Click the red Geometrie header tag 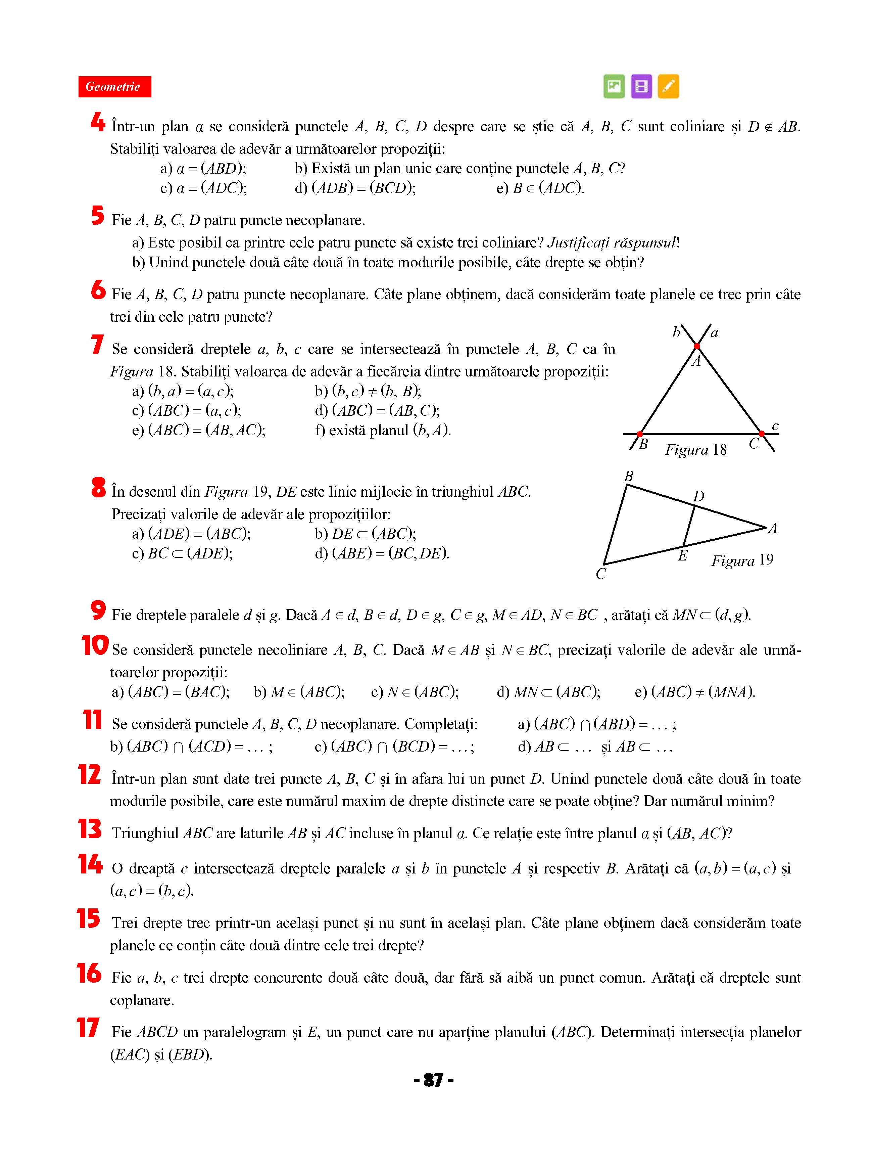point(114,87)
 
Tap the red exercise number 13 point(90,828)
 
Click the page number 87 point(433,1080)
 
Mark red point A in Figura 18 point(697,346)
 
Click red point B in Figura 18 point(640,434)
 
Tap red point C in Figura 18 point(761,434)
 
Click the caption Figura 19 point(742,560)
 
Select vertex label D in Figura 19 point(698,496)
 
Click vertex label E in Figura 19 point(682,555)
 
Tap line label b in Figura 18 point(676,332)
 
